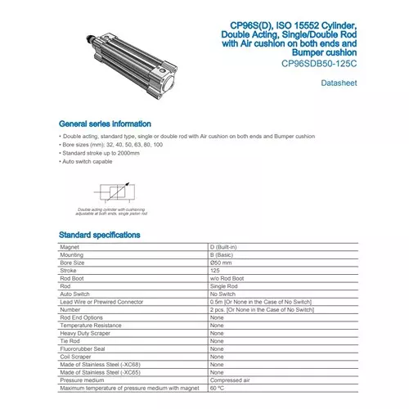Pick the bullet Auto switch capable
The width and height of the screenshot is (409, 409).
pyautogui.click(x=88, y=162)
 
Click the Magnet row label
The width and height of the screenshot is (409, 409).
pyautogui.click(x=70, y=246)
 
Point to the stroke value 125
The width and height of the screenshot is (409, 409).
pyautogui.click(x=216, y=270)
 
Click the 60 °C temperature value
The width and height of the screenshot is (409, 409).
pyautogui.click(x=218, y=387)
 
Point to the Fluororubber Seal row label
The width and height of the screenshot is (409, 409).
pyautogui.click(x=83, y=348)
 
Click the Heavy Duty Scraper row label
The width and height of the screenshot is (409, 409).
pyautogui.click(x=85, y=332)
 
